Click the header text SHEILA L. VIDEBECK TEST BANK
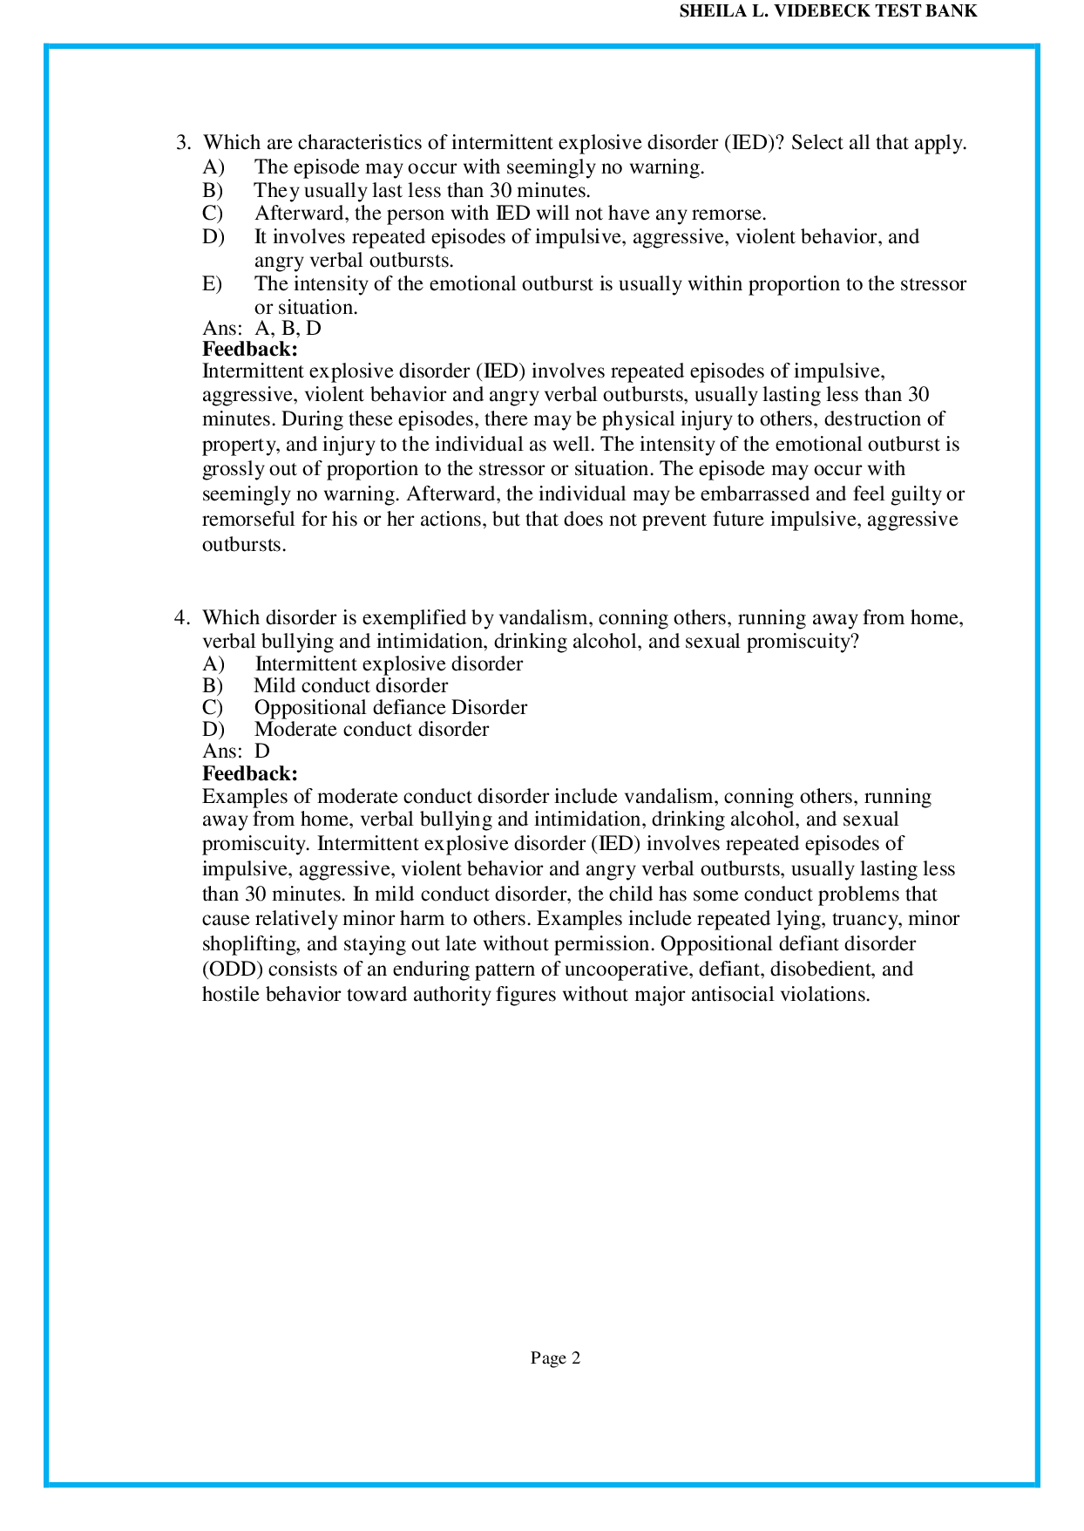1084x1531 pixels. (828, 11)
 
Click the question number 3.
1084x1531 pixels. (183, 143)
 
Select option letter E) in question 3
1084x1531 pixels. (213, 284)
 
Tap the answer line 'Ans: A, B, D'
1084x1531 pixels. (261, 329)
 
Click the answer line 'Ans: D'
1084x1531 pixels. (236, 752)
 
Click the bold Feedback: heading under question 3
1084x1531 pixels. (250, 350)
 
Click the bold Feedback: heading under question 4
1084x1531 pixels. (250, 773)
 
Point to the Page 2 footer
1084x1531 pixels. (555, 1358)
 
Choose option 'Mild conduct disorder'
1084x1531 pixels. (350, 686)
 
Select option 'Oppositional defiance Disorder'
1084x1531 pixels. (390, 708)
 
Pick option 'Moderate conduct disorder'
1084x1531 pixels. (371, 730)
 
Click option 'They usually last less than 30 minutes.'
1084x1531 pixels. (422, 191)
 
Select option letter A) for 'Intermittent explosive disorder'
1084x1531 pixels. (213, 664)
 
